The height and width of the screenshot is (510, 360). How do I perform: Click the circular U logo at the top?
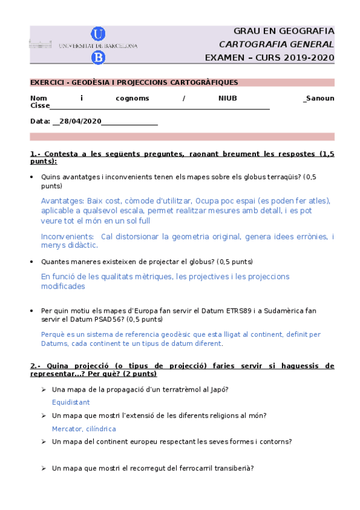(98, 34)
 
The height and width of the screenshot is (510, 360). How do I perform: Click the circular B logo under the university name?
(98, 57)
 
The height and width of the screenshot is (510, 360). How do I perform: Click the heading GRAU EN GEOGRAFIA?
(284, 31)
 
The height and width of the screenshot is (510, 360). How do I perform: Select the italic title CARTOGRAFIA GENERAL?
(276, 45)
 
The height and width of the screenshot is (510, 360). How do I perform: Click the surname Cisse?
(40, 106)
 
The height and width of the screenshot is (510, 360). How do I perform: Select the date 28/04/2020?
(80, 121)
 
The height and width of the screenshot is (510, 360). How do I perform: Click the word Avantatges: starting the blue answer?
(62, 200)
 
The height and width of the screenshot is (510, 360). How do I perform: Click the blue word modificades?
(63, 286)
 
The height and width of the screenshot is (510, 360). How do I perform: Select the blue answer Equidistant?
(71, 402)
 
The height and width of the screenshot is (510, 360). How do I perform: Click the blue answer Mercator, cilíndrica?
(84, 429)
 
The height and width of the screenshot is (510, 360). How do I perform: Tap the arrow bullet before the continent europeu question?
(44, 442)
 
